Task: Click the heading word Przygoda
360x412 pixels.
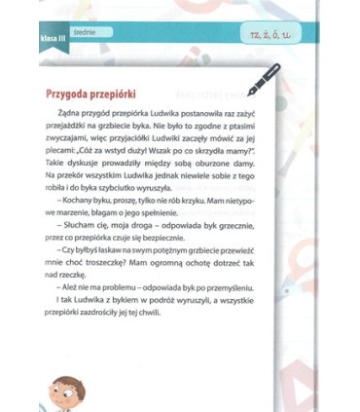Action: (69, 95)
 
